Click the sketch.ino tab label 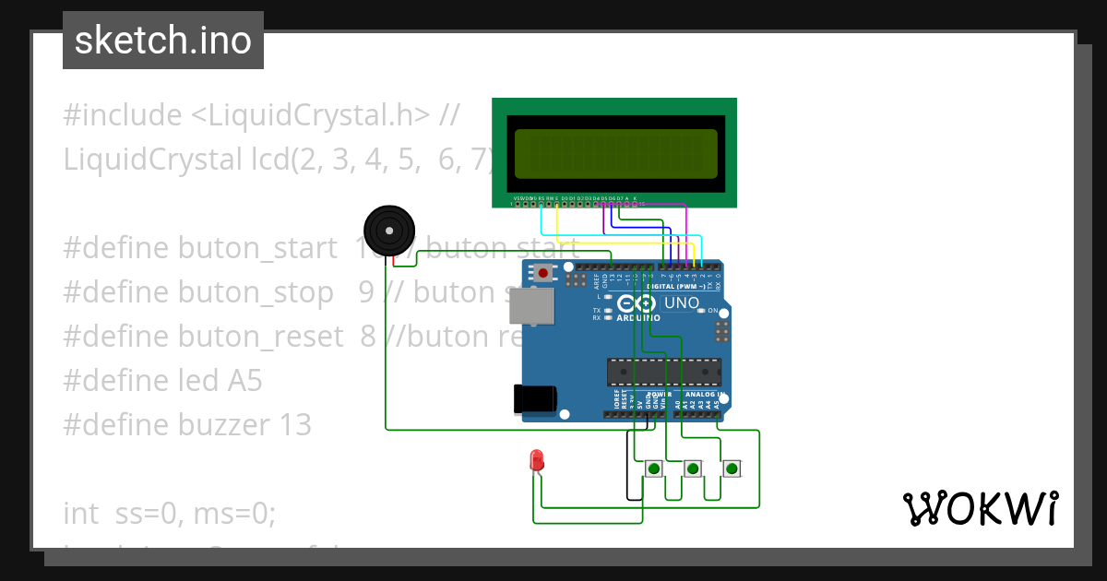point(162,41)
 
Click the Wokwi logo point(980,509)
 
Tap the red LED point(536,460)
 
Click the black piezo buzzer point(388,230)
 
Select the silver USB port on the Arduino point(531,306)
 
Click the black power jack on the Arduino point(534,398)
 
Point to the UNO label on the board point(682,302)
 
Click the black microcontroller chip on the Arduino point(663,372)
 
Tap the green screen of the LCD point(615,154)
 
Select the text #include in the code point(123,115)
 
